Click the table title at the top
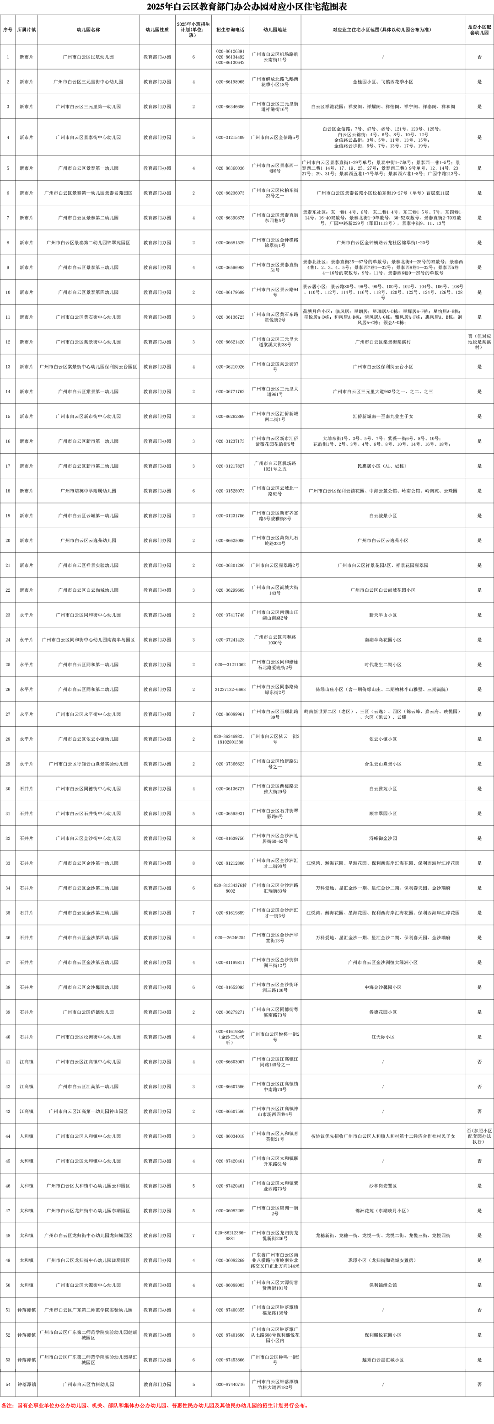click(x=247, y=7)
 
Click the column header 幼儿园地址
click(x=274, y=30)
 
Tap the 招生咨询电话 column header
click(x=230, y=30)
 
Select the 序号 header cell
click(x=8, y=30)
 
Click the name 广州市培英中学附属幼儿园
click(x=89, y=491)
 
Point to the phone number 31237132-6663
click(x=230, y=689)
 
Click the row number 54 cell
click(x=8, y=1384)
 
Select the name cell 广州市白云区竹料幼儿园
click(x=89, y=1384)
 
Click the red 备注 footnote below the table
click(x=155, y=1416)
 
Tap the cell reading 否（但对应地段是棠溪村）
click(x=479, y=342)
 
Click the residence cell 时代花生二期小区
click(x=383, y=664)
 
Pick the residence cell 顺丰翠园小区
click(x=383, y=814)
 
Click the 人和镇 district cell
click(x=27, y=1136)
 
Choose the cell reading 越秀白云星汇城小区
click(x=383, y=1360)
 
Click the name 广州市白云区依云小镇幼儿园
click(x=89, y=739)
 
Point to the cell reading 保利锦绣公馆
click(x=383, y=1285)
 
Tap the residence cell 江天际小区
click(x=383, y=1037)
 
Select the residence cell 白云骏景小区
click(x=383, y=516)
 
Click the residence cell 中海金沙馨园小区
click(x=383, y=987)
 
